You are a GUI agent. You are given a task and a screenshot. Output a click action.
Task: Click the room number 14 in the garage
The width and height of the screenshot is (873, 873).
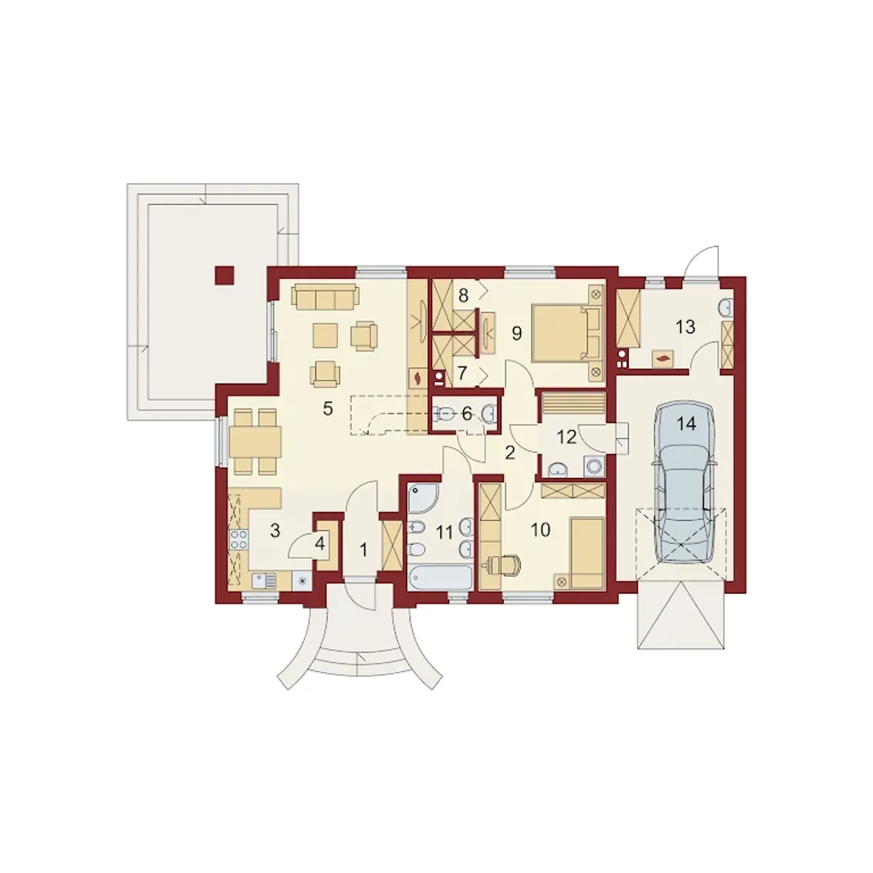click(x=686, y=424)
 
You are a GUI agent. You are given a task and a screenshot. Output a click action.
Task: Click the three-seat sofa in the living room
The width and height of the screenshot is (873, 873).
click(x=326, y=297)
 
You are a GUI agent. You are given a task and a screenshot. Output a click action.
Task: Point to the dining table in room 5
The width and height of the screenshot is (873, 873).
click(x=256, y=442)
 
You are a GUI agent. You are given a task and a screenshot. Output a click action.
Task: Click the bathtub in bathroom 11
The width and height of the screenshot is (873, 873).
click(x=440, y=578)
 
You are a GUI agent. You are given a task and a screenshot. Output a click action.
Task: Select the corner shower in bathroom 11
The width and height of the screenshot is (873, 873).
click(x=423, y=499)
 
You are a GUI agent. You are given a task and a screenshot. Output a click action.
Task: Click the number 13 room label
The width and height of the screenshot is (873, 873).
click(x=685, y=326)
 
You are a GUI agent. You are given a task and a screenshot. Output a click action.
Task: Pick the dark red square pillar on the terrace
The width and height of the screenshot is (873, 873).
click(x=224, y=275)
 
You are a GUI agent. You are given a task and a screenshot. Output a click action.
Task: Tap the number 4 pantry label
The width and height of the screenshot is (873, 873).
click(x=320, y=544)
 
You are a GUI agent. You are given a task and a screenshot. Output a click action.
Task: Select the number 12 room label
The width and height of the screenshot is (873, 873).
click(x=566, y=436)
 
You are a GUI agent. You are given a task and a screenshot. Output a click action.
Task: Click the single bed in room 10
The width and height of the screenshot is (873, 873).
click(x=587, y=554)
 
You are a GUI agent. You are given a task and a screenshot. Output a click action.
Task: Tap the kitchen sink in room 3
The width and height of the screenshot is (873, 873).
click(x=263, y=581)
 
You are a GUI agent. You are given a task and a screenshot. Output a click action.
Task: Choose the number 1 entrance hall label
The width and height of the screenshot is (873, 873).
click(x=363, y=550)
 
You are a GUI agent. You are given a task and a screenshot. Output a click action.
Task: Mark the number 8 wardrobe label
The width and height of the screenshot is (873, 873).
click(x=462, y=295)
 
